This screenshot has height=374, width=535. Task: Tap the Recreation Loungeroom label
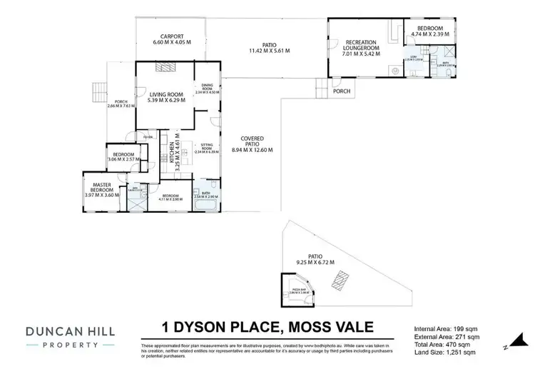pos(361,47)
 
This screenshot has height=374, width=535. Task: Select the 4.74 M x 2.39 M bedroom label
pos(430,31)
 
